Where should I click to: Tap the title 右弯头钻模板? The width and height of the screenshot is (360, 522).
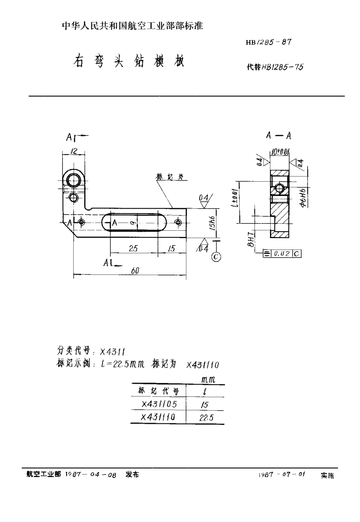[x=128, y=62]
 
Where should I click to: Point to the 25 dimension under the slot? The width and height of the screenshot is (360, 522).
[x=133, y=249]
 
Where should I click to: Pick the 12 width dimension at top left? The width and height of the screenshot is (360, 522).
[x=74, y=151]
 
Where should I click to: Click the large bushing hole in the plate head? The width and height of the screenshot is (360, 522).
[x=74, y=180]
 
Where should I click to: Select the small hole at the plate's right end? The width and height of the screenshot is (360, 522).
[x=178, y=222]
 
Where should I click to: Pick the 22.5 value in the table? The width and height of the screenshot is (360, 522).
[x=205, y=418]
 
